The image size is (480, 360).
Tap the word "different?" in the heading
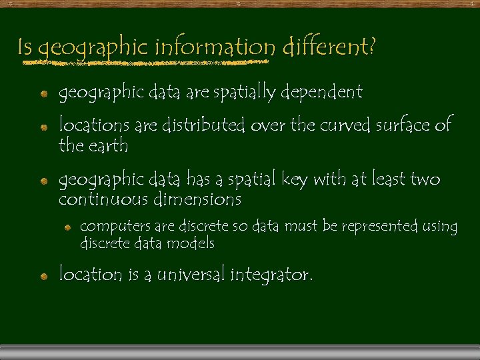pos(329,47)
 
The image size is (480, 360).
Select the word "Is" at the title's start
pos(25,47)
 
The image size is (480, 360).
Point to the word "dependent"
pos(321,92)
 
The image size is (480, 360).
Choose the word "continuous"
pos(103,199)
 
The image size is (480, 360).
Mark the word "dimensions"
pos(198,199)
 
